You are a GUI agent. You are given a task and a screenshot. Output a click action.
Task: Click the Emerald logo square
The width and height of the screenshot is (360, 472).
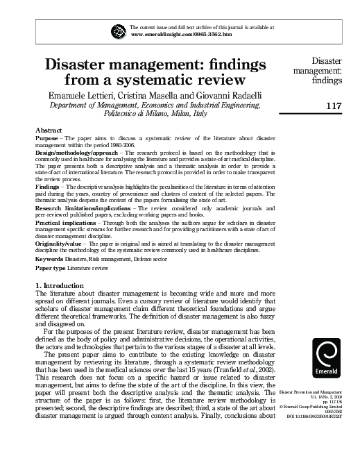(x=327, y=360)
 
